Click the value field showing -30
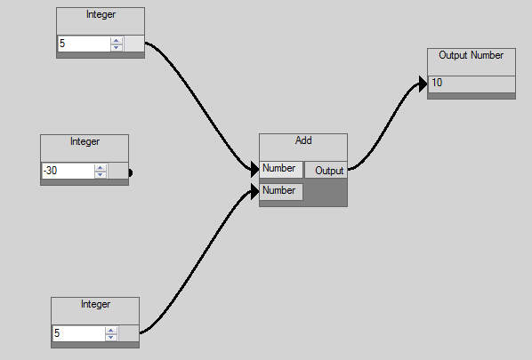pos(68,171)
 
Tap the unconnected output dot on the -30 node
pos(130,172)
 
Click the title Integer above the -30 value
pos(85,141)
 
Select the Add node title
pos(303,140)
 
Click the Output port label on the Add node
pos(329,170)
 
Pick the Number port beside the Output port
pos(281,170)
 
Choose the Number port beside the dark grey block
pos(281,191)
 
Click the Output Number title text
pos(471,55)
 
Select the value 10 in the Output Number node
pos(437,83)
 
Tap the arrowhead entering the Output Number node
pos(423,84)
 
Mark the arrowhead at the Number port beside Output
pos(255,170)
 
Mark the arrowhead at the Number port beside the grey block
pos(255,191)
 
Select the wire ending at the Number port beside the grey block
pos(197,261)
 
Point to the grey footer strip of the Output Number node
pos(472,96)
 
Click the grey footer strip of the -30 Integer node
pos(85,182)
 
